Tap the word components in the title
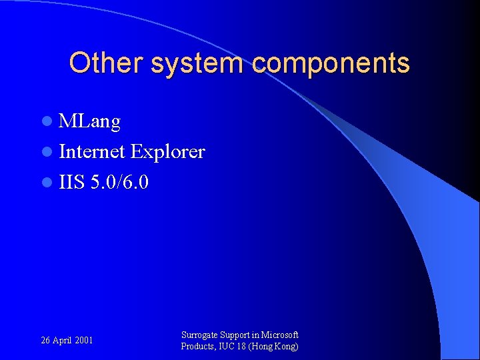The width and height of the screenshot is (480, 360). [331, 64]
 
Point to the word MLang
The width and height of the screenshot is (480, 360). [89, 122]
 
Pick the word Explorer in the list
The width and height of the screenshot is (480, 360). [168, 152]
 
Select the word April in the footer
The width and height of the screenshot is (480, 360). [63, 341]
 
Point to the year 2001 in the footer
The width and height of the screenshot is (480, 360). [84, 341]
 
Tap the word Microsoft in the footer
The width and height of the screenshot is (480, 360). [280, 335]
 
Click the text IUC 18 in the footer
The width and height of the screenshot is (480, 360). [234, 347]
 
